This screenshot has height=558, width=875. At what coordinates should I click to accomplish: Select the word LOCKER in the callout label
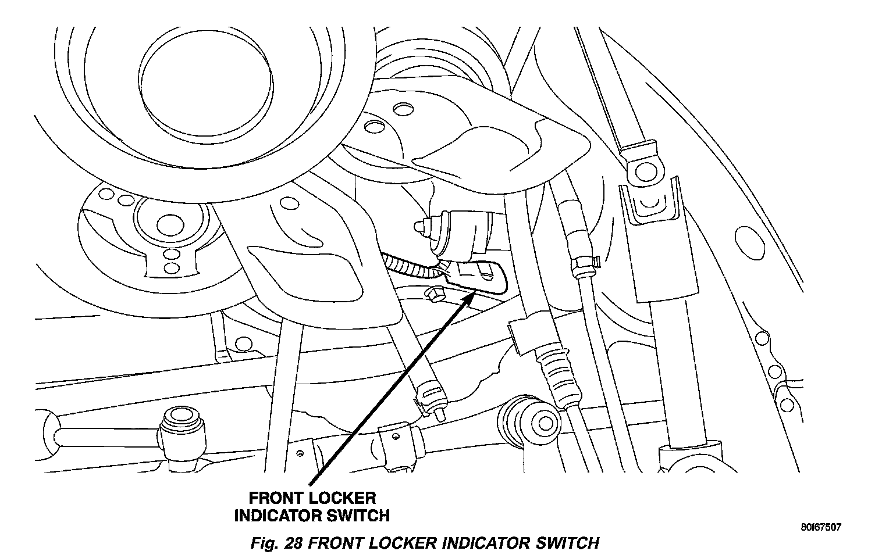click(x=345, y=498)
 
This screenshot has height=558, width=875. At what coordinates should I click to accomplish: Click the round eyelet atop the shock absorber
click(x=644, y=170)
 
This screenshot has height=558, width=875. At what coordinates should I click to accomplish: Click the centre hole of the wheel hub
click(x=168, y=221)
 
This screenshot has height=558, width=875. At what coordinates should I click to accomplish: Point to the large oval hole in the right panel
click(x=746, y=244)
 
